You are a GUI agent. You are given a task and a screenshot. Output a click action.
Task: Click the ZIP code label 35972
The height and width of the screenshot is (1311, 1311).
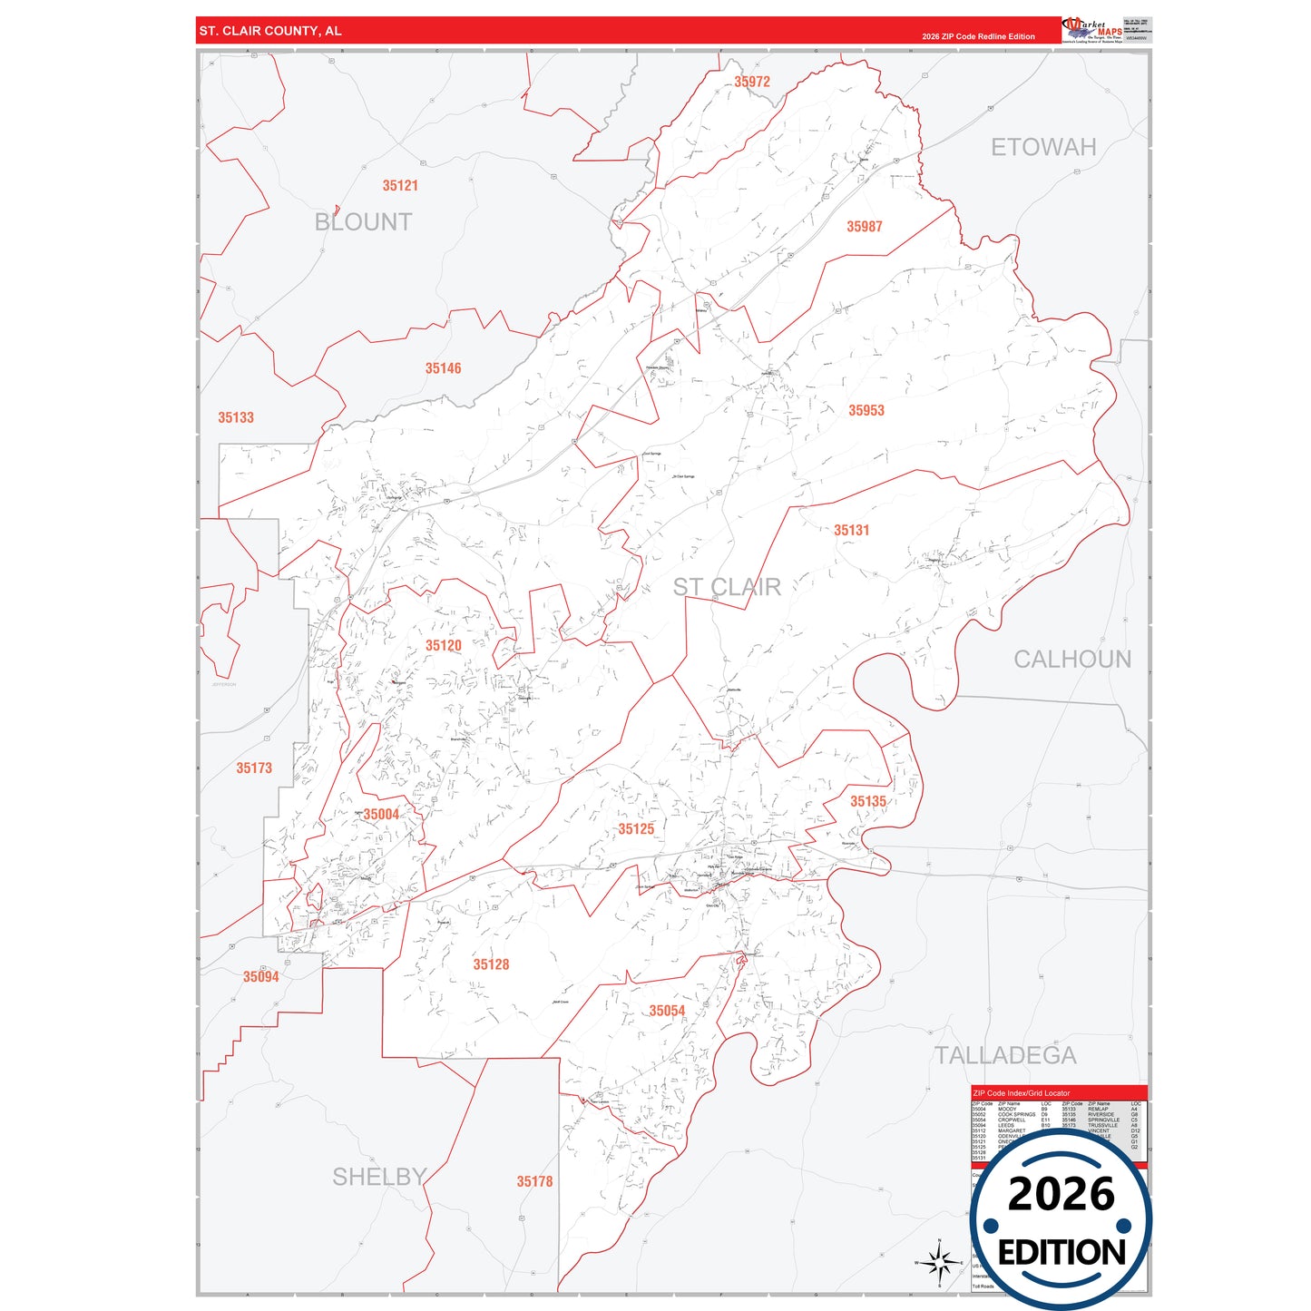coord(752,82)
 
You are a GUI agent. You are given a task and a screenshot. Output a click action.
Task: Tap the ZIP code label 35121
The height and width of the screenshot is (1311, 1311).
coord(400,186)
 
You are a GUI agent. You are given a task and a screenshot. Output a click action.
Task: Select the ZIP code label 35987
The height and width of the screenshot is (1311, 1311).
coord(864,227)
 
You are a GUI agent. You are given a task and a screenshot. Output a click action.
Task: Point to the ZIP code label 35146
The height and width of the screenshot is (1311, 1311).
coord(443,368)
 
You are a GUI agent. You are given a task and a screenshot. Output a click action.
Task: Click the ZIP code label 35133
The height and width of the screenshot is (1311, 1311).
coord(236,418)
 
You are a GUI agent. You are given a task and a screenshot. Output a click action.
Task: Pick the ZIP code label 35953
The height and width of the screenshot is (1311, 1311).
coord(866,411)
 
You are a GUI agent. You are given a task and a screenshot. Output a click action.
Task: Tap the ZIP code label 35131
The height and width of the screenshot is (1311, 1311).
coord(851,531)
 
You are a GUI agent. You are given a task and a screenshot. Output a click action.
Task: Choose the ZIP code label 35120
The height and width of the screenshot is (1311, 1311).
coord(443,646)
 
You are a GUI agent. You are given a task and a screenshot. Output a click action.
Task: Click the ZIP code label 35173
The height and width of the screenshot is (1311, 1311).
coord(254,768)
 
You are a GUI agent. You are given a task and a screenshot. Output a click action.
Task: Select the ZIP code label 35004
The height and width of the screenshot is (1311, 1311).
coord(381,815)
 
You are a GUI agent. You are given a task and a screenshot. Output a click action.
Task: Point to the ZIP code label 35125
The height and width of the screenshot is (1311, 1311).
coord(636,829)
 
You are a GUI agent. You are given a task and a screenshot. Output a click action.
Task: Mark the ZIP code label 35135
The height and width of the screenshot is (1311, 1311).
coord(867,802)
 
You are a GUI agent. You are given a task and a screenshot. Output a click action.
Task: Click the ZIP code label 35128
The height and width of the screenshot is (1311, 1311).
coord(491,964)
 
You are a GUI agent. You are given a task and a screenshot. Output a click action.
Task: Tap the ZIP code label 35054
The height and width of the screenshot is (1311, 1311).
coord(667,1012)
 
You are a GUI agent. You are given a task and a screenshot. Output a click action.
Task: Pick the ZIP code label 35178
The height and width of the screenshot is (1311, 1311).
coord(534,1181)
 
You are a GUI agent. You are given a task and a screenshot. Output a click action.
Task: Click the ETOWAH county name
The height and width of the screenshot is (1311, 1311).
coord(1043,147)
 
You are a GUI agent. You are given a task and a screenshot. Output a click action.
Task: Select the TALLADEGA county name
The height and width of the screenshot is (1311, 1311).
coord(1006,1055)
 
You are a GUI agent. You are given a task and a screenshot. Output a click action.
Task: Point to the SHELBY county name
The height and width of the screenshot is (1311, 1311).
coord(379,1177)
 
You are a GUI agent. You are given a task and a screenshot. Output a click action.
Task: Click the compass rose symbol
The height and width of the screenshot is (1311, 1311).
coord(939,1262)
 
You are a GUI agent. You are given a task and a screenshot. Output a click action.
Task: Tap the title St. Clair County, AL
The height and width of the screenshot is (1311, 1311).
coord(270,31)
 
